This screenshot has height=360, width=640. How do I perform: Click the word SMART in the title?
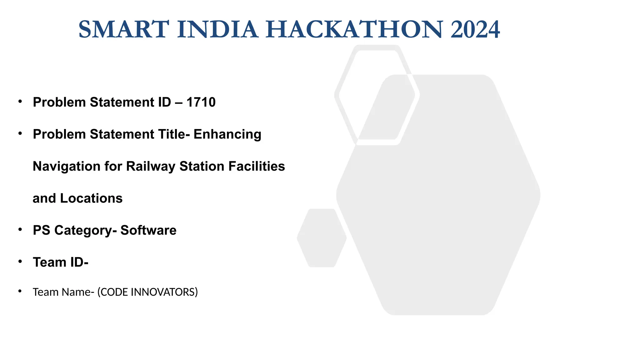(x=124, y=30)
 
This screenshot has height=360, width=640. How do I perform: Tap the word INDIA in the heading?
(x=217, y=30)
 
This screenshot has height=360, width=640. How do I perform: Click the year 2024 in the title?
(x=475, y=30)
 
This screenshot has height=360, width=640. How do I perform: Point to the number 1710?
(x=201, y=102)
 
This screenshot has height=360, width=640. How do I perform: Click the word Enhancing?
(x=227, y=134)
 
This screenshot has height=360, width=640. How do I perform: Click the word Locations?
(x=91, y=198)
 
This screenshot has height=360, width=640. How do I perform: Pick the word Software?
(x=148, y=230)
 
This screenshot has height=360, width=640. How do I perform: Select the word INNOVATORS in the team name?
(x=164, y=292)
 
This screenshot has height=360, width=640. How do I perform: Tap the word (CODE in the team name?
(x=112, y=292)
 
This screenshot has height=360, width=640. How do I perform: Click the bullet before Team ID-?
(x=20, y=261)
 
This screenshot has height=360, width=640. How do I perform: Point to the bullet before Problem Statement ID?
(x=20, y=101)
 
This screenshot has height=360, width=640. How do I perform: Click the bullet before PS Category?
(x=20, y=229)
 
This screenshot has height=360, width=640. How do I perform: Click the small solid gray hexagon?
(x=322, y=238)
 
